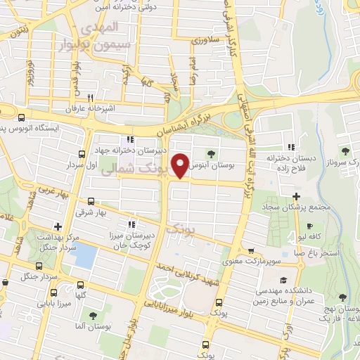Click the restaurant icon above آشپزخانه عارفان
coord(89,98)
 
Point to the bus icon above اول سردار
coord(82,154)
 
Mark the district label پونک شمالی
coord(131,171)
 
